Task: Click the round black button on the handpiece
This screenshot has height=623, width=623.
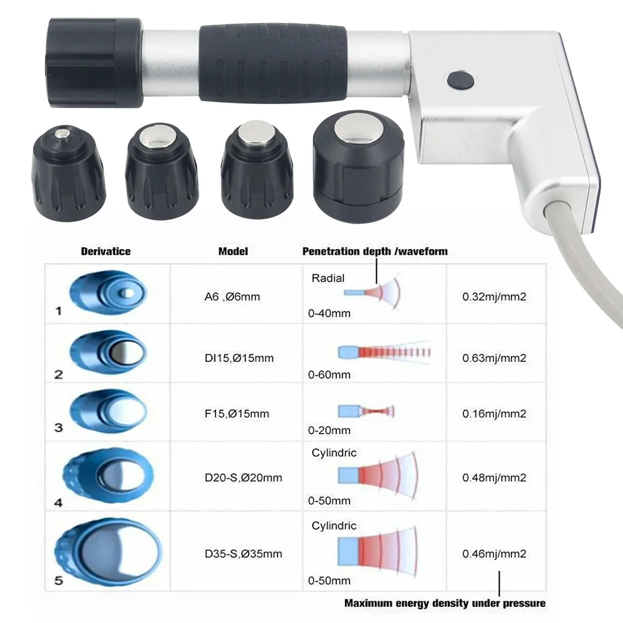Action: pos(460,79)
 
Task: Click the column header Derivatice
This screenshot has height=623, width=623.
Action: pos(105,251)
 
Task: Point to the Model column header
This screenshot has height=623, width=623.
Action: pos(233,251)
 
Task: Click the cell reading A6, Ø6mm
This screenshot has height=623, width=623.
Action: pos(232,297)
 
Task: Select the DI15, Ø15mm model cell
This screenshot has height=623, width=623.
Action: pos(238,358)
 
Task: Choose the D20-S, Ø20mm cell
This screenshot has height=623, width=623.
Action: pos(242,478)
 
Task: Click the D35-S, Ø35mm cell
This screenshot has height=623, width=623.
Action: pos(242,553)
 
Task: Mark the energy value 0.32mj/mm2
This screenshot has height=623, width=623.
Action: pos(494,297)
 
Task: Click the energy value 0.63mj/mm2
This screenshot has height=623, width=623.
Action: pos(494,358)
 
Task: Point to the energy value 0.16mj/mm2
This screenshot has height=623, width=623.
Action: pos(494,413)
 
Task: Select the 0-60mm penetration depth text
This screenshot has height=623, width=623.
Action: pos(329,374)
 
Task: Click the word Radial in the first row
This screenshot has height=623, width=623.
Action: pos(328,278)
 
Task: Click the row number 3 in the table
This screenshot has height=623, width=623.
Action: pos(59,427)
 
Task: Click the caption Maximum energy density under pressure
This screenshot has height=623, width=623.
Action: pos(445,602)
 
